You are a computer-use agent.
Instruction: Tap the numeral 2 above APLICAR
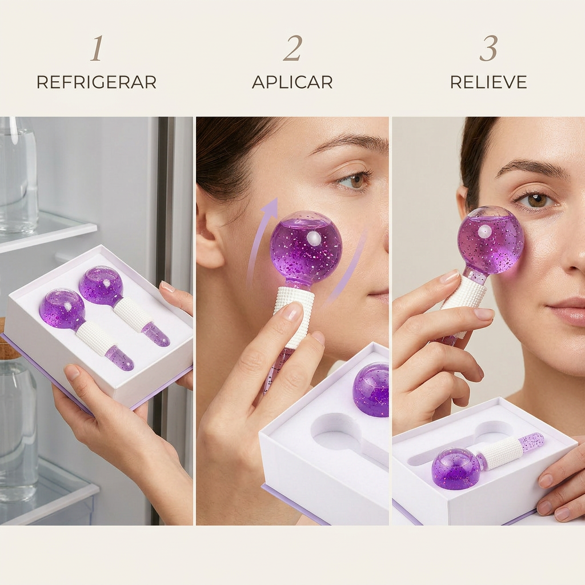292,48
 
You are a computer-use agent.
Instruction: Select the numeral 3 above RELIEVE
488,48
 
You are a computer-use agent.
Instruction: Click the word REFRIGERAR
96,82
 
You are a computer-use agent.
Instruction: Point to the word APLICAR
292,82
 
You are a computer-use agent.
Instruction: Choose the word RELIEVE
488,82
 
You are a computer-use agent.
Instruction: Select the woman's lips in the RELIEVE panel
567,311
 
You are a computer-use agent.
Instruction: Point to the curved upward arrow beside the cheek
261,242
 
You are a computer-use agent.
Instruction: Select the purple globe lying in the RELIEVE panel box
456,468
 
